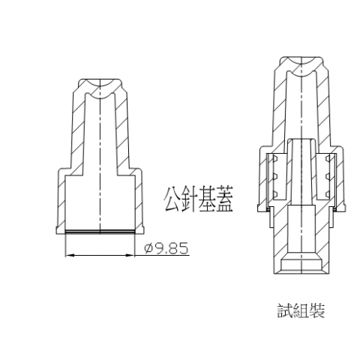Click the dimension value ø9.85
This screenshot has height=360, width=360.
(166, 248)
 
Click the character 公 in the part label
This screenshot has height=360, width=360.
(172, 199)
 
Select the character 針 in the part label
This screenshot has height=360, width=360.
(189, 199)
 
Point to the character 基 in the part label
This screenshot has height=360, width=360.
(206, 199)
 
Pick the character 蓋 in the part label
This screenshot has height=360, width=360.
(224, 199)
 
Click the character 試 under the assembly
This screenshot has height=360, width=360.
(285, 310)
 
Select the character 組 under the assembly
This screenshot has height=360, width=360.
(301, 310)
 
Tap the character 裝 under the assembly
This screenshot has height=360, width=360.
(317, 310)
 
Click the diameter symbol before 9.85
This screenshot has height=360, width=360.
(149, 249)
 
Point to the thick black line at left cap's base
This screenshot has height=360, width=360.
(100, 232)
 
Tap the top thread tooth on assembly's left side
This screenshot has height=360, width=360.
(276, 158)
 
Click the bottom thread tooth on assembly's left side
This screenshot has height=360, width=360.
(276, 194)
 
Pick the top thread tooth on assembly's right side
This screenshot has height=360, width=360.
(328, 158)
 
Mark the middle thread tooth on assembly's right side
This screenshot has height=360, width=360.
(328, 176)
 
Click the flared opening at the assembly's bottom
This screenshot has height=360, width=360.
(301, 264)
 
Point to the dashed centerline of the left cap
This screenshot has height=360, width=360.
(100, 156)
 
